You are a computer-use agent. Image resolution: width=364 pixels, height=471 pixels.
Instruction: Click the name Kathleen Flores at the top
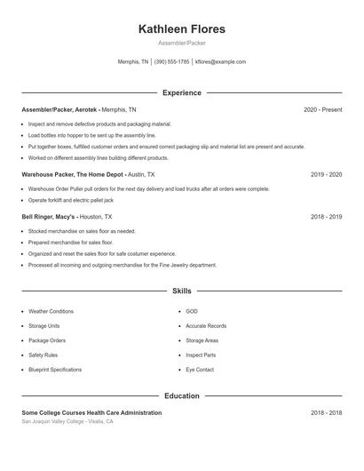(182, 29)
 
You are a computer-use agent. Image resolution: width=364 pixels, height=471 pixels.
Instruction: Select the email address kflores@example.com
(220, 62)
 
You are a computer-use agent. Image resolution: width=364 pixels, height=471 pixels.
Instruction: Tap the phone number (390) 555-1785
(172, 62)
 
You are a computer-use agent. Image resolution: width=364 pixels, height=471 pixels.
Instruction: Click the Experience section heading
(182, 92)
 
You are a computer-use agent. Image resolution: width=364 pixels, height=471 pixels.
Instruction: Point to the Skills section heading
(182, 291)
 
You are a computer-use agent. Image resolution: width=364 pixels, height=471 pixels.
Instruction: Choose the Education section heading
(182, 395)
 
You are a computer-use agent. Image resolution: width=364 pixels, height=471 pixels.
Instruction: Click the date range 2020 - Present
(322, 109)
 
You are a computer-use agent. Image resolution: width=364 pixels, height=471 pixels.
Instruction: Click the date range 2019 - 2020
(326, 175)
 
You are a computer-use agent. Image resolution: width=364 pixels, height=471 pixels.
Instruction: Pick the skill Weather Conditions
(51, 312)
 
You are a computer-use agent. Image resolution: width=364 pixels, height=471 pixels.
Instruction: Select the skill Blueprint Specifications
(55, 370)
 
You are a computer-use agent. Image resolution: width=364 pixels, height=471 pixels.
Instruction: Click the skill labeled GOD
(192, 312)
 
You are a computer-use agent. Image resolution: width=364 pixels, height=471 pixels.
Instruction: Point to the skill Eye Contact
(200, 370)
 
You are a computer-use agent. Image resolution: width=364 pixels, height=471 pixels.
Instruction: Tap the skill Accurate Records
(206, 326)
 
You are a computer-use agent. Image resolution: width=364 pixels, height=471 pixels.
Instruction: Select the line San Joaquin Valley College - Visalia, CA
(67, 421)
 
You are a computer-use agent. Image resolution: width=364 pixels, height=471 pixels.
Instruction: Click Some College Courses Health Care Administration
(91, 412)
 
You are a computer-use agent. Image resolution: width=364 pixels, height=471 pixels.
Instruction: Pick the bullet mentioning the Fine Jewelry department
(122, 265)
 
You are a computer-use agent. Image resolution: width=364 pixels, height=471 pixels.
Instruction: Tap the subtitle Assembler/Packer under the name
(182, 43)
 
